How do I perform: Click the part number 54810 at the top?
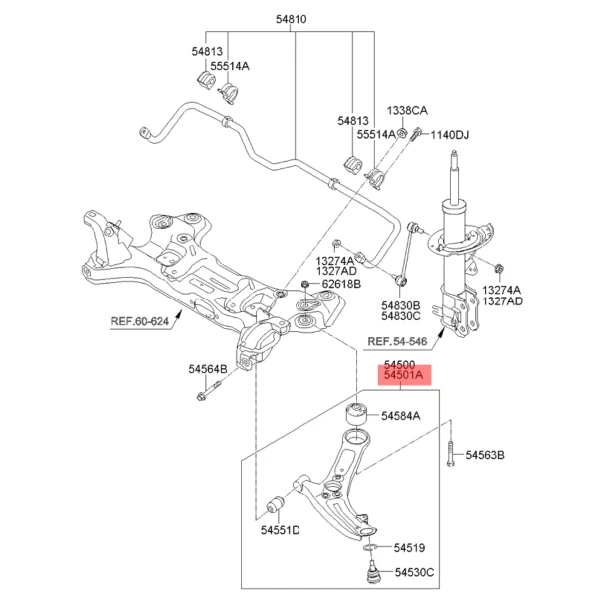(x=295, y=19)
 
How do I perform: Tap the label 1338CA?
(x=407, y=110)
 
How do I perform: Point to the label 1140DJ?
(x=449, y=134)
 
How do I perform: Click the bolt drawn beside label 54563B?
(x=450, y=455)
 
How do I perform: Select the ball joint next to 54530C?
(x=370, y=573)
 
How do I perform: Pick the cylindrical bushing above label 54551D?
(x=284, y=498)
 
